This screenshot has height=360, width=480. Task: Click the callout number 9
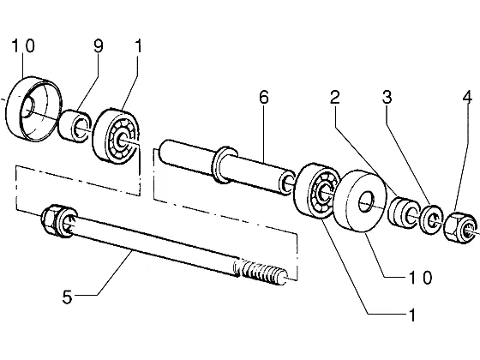coord(99,46)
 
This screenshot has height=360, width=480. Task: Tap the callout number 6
coord(264,98)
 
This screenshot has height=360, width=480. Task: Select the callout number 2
coord(335,98)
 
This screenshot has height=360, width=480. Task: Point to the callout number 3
coord(387,98)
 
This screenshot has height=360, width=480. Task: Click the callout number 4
coord(467,98)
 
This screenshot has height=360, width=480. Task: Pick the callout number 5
coord(68,297)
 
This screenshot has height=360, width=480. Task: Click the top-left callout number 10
coord(24,45)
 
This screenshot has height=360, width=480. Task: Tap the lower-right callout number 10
coord(421,278)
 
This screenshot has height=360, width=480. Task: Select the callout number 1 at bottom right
coord(412,315)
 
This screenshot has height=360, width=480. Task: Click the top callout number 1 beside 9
coord(138,46)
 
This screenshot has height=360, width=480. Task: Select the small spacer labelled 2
coord(402,213)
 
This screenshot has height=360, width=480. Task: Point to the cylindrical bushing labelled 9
coord(75,126)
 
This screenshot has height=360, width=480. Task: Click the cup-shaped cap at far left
coord(33,109)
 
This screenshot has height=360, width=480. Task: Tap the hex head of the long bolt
coord(50,219)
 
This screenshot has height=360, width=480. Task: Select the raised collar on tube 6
coord(225,165)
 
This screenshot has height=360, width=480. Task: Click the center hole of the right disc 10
coord(367,201)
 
